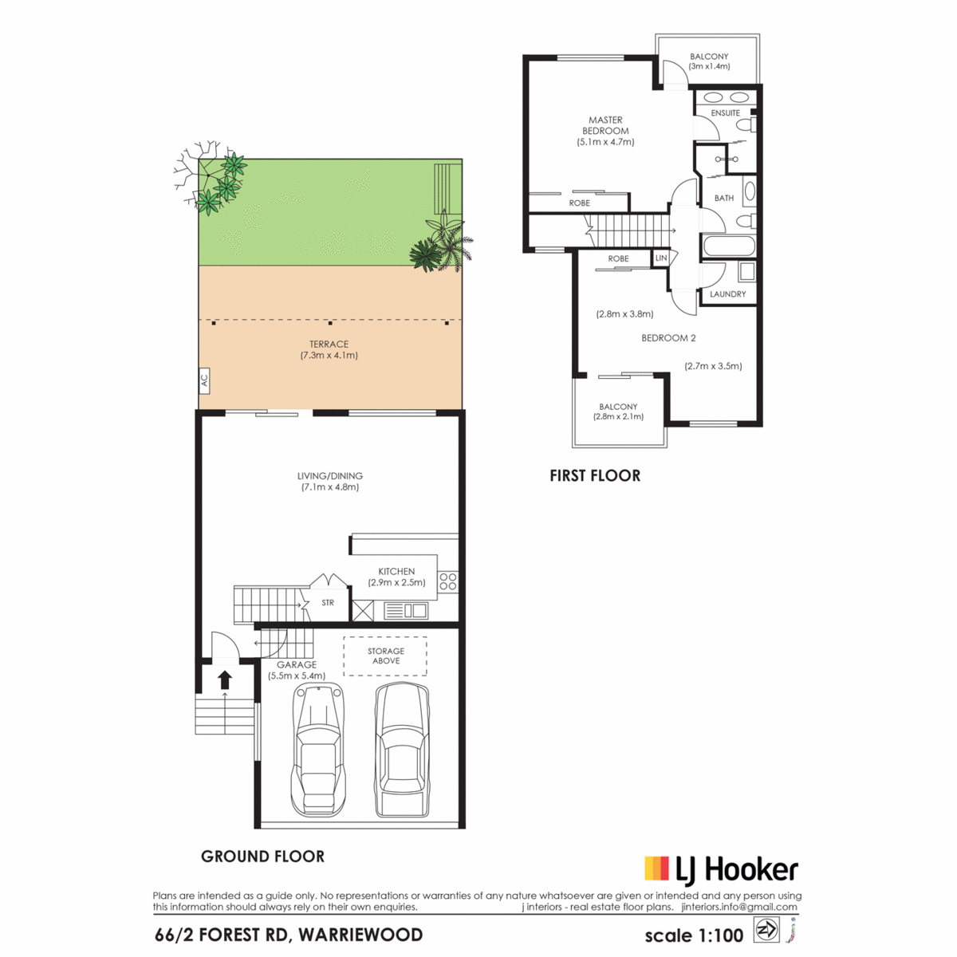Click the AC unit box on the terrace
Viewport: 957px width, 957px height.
pos(203,381)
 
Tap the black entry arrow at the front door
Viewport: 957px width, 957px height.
pos(225,679)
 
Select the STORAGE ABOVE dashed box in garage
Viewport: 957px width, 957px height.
pos(385,656)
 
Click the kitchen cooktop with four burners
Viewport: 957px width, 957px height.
pos(448,581)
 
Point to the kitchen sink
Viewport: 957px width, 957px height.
pos(406,610)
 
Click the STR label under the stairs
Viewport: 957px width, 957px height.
pos(328,602)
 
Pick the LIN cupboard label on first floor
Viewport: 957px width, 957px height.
pos(661,258)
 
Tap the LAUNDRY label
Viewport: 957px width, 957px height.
pos(727,294)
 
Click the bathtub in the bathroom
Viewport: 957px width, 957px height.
pos(727,246)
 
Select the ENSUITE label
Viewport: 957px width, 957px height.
pos(725,113)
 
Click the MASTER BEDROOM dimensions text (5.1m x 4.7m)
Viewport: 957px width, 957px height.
pos(605,142)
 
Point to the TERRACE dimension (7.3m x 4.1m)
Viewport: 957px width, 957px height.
pos(329,356)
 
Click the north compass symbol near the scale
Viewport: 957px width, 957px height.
pos(766,930)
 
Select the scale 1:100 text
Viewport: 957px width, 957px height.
pos(694,935)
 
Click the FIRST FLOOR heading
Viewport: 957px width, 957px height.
pos(595,476)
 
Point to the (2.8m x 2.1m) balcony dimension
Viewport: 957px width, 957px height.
pos(618,417)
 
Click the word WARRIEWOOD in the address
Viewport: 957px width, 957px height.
pos(360,935)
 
